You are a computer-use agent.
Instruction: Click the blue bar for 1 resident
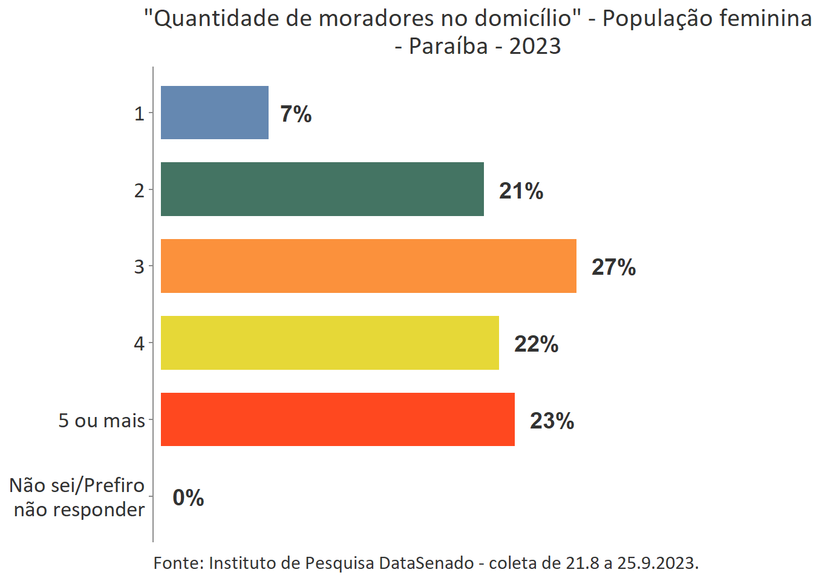(215, 113)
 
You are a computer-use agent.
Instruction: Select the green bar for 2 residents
(322, 189)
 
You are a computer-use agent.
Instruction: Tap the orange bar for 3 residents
(368, 266)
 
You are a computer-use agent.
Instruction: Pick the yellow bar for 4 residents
(330, 343)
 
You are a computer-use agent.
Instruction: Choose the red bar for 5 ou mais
(338, 419)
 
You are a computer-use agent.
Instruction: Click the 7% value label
(296, 114)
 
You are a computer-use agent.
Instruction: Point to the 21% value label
(521, 191)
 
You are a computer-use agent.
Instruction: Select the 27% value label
(613, 267)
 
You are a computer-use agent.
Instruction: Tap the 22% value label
(536, 344)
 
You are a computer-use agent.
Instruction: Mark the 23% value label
(552, 421)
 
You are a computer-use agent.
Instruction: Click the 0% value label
(188, 497)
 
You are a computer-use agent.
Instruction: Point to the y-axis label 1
(139, 114)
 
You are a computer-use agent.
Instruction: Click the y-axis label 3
(139, 267)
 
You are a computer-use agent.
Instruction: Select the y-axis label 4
(139, 344)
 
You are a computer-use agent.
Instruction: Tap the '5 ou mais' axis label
(102, 421)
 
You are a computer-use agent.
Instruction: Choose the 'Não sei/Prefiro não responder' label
(77, 497)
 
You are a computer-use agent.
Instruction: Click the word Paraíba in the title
(448, 46)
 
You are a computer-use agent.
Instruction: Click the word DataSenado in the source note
(426, 563)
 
